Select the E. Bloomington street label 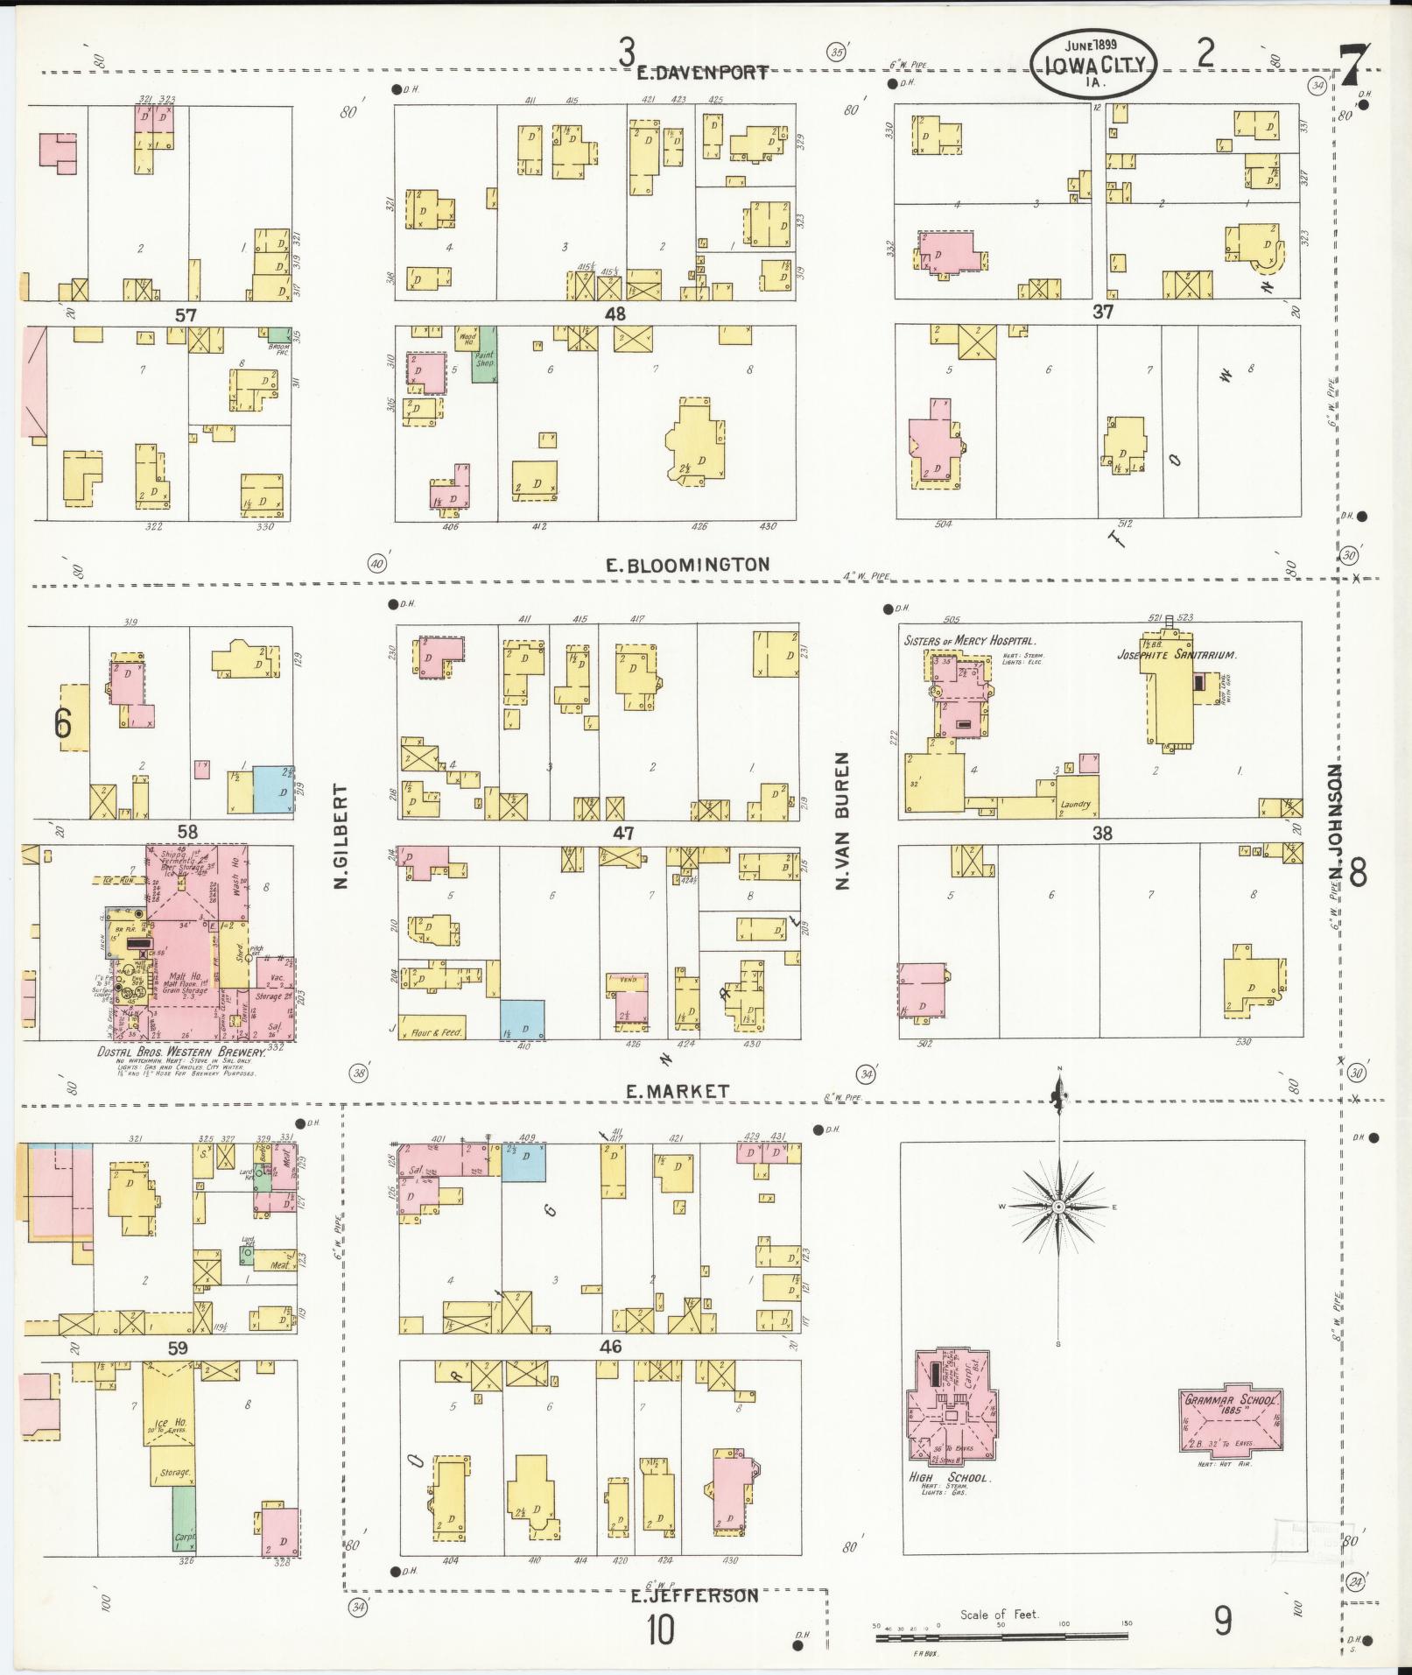pyautogui.click(x=688, y=565)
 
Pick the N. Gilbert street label pyautogui.click(x=341, y=836)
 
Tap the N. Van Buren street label pyautogui.click(x=842, y=820)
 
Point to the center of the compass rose pyautogui.click(x=1058, y=1207)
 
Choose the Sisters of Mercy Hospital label pyautogui.click(x=969, y=641)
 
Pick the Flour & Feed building pyautogui.click(x=435, y=1031)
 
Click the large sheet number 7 pyautogui.click(x=1354, y=66)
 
